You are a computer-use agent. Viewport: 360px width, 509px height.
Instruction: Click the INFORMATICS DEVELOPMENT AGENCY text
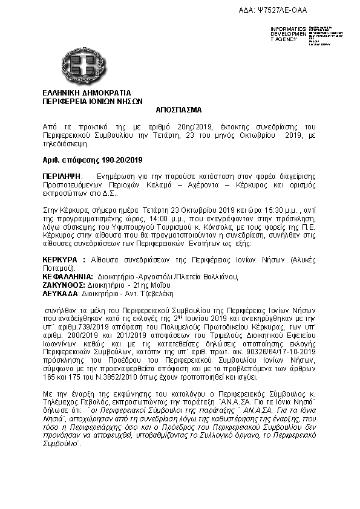point(288,34)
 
